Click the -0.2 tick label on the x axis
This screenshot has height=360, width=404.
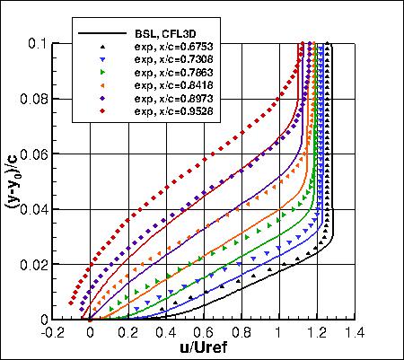pos(52,331)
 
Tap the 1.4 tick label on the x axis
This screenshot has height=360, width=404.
pos(352,331)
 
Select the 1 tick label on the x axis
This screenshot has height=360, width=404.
pos(277,331)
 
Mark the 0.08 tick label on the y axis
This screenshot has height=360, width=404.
pos(36,98)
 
